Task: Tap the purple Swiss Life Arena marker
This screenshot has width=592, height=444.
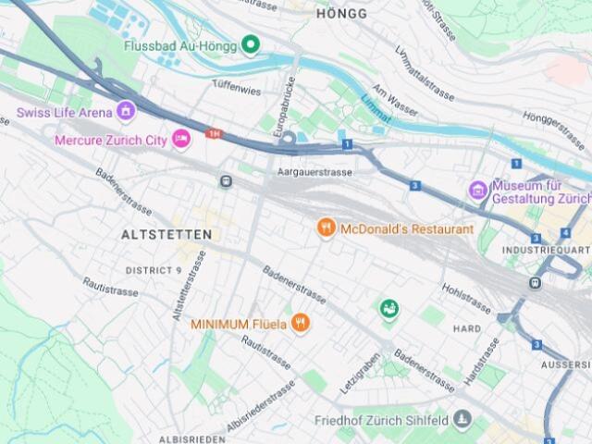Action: pyautogui.click(x=126, y=113)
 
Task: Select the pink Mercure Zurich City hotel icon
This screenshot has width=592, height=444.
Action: pyautogui.click(x=181, y=140)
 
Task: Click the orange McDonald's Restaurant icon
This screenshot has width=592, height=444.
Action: pyautogui.click(x=326, y=228)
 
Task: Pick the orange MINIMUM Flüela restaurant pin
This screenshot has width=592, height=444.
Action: pyautogui.click(x=300, y=323)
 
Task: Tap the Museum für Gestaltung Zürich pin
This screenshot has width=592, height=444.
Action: pyautogui.click(x=477, y=191)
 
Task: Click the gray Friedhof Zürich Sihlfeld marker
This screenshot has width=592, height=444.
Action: pyautogui.click(x=462, y=421)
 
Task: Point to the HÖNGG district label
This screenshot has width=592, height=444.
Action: pyautogui.click(x=341, y=14)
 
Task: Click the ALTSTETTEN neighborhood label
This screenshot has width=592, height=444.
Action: pyautogui.click(x=166, y=235)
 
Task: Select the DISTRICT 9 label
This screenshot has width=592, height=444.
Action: pyautogui.click(x=154, y=270)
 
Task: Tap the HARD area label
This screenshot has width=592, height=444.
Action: pyautogui.click(x=467, y=328)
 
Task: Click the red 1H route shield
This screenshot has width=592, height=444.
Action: pyautogui.click(x=215, y=134)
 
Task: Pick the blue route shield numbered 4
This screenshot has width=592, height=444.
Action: pyautogui.click(x=564, y=232)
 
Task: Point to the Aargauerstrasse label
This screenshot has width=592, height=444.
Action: pyautogui.click(x=314, y=172)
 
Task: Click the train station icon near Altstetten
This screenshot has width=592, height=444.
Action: pyautogui.click(x=225, y=180)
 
